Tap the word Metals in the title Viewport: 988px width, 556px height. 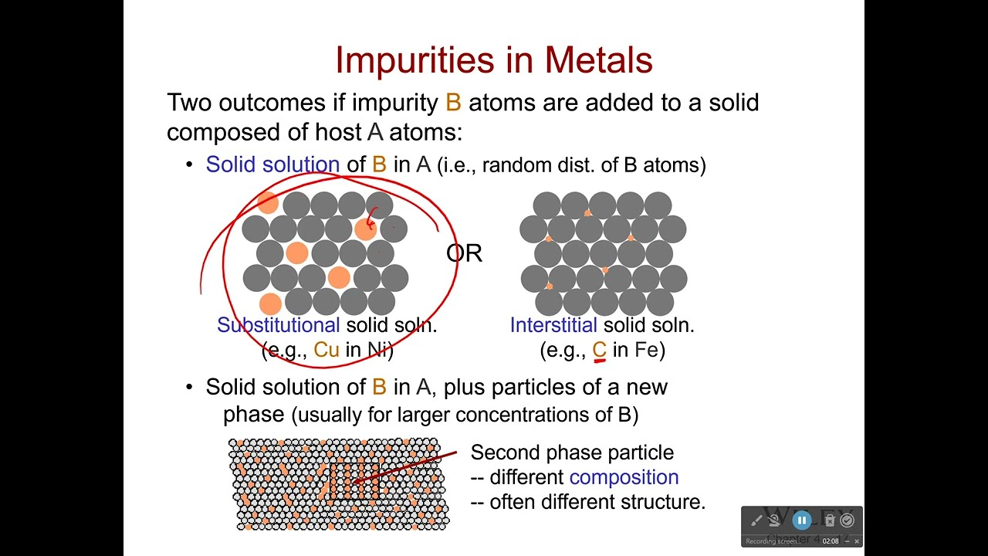[598, 60]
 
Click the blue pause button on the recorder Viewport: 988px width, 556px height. [802, 520]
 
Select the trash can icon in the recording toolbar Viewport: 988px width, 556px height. [830, 520]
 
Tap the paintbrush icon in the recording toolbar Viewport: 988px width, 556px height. [756, 520]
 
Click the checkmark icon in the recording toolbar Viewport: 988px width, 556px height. [848, 520]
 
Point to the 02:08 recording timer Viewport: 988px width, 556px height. [831, 541]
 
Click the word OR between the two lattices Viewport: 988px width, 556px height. [464, 253]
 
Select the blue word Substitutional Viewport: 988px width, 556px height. [278, 325]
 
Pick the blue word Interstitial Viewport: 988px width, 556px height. [553, 325]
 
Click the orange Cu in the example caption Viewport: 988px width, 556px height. [327, 350]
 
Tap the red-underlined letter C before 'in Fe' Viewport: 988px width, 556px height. [600, 350]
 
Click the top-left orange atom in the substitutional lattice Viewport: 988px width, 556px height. [267, 202]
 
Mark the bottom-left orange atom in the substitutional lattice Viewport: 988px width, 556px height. [270, 303]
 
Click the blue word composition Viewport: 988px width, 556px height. [624, 477]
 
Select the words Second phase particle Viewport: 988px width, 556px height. [572, 453]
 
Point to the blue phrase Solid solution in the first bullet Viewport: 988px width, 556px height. [272, 164]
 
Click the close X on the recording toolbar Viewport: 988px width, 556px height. [856, 541]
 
